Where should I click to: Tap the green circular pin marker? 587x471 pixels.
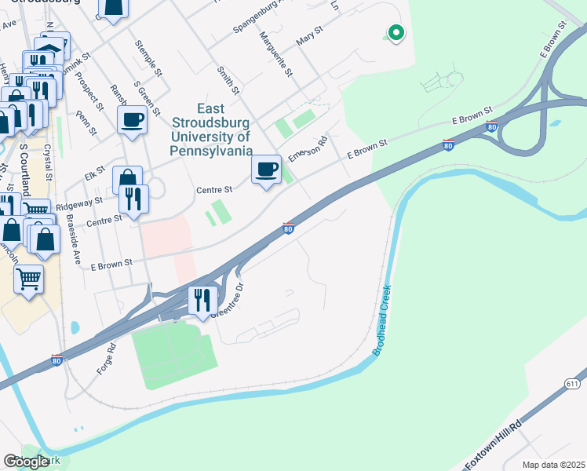[x=396, y=33]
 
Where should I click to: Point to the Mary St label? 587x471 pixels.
[x=310, y=35]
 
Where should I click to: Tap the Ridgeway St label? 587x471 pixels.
[x=78, y=203]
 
